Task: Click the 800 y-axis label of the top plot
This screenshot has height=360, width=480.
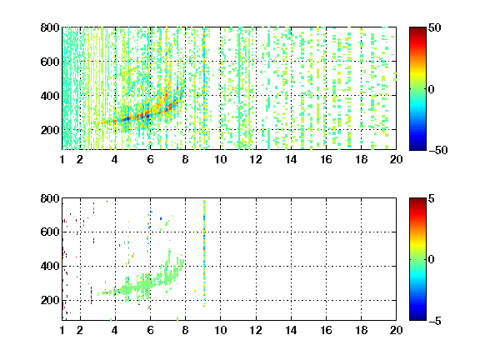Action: click(50, 27)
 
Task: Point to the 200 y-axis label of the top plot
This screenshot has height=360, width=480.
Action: click(50, 130)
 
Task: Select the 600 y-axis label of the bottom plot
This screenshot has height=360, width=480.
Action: click(50, 232)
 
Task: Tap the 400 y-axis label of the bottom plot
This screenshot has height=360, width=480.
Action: click(50, 266)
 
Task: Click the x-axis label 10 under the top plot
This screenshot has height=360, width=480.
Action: click(220, 159)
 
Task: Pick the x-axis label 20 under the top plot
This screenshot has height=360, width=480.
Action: click(396, 159)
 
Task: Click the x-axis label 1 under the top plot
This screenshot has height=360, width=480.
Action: click(62, 159)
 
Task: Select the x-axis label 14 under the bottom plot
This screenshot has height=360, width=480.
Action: click(291, 330)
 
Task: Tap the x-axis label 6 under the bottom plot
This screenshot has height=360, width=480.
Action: click(150, 330)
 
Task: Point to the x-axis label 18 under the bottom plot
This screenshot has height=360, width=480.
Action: click(361, 330)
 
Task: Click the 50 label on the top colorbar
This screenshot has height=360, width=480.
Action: click(435, 27)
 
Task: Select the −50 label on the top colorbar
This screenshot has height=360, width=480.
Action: click(438, 150)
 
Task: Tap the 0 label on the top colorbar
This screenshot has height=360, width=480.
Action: click(432, 89)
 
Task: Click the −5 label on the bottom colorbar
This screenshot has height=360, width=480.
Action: click(435, 321)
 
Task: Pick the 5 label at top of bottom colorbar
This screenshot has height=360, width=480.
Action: click(432, 198)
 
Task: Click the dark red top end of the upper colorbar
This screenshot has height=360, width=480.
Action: click(417, 29)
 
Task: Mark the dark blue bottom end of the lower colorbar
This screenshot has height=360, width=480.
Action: click(417, 317)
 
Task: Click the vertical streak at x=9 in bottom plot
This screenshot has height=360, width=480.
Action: click(204, 253)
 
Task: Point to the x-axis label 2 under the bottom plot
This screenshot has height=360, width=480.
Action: click(80, 330)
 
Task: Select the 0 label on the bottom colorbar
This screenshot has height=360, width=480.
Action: click(432, 260)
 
